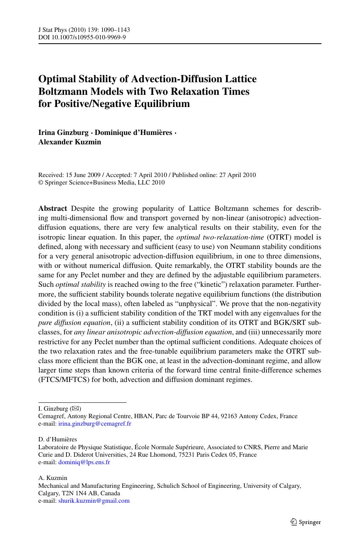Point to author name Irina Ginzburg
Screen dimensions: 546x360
point(63,133)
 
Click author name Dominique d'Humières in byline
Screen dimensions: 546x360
point(134,133)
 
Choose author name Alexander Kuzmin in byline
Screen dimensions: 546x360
point(70,142)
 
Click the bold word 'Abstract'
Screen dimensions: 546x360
point(53,208)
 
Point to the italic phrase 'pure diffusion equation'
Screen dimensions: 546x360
point(74,323)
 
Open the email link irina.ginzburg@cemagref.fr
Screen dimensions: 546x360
point(95,424)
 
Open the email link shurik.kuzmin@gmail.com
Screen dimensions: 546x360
point(94,501)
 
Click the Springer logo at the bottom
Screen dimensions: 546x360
point(305,522)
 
